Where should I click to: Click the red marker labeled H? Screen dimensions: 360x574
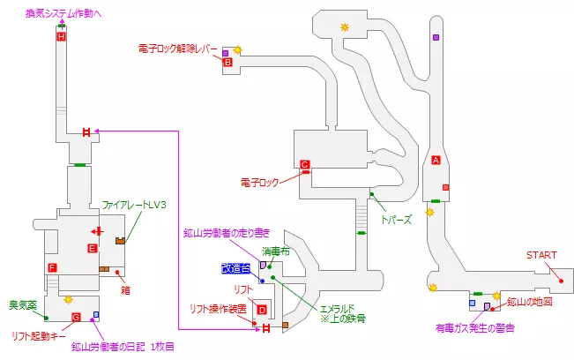61,37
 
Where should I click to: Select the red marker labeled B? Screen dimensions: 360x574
227,63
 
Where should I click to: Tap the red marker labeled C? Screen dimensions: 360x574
304,165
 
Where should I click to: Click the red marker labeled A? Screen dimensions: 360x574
436,160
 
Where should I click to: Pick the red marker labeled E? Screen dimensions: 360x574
92,249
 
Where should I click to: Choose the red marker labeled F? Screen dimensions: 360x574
53,267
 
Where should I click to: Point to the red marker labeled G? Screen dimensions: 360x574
76,317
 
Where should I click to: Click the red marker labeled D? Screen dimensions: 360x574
261,309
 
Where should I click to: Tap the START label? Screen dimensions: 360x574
541,255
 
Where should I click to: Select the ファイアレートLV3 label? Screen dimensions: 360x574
133,206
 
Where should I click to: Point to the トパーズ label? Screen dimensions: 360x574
396,218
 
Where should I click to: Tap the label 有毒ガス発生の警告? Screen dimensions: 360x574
474,328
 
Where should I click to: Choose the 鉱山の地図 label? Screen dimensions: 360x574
530,303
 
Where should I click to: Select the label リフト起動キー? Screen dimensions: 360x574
39,335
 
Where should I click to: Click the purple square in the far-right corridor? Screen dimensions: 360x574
436,37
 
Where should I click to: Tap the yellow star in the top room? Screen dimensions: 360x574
345,27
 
